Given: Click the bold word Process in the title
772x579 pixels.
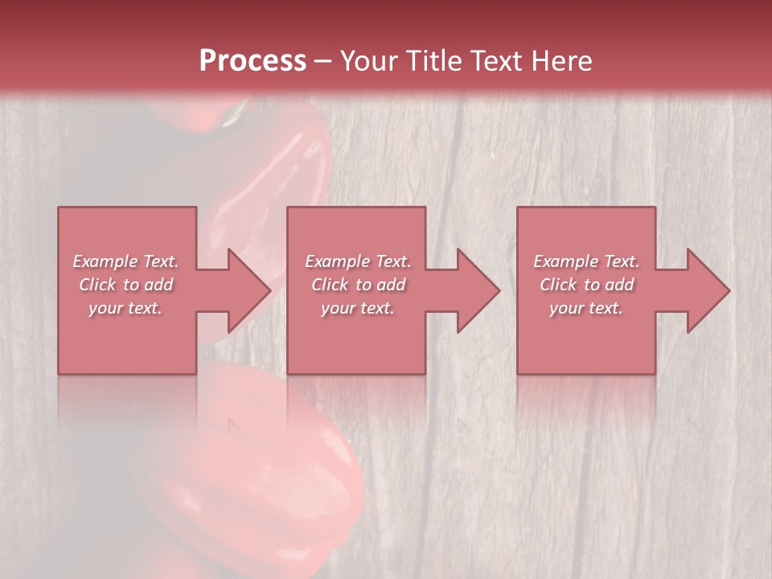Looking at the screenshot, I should point(253,61).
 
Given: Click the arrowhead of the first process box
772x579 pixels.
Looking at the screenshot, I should point(249,290).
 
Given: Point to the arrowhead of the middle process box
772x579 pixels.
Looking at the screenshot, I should point(478,290).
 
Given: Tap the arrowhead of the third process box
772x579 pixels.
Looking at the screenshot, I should point(708,290).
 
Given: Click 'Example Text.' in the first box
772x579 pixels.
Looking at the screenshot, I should point(125,261).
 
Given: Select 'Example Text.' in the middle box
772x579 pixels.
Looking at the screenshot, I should point(357,261).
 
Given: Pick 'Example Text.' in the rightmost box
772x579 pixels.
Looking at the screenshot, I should point(586,261).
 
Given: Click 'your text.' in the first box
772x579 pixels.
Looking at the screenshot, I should point(125,308).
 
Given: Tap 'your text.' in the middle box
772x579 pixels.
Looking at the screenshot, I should point(357,308).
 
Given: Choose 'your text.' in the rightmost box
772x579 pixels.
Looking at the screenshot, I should point(586,308).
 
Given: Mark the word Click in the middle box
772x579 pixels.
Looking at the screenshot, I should point(330,285).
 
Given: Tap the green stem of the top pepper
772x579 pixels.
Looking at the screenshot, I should point(236,113).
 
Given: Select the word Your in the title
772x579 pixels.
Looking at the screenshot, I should point(366,61).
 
